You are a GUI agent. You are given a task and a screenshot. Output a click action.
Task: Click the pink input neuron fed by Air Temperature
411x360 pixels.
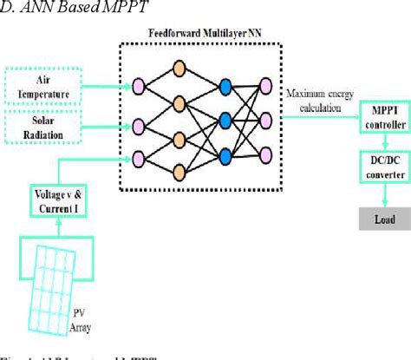[x=136, y=86]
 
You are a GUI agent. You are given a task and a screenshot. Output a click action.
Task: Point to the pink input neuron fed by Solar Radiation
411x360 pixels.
[x=136, y=121]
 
